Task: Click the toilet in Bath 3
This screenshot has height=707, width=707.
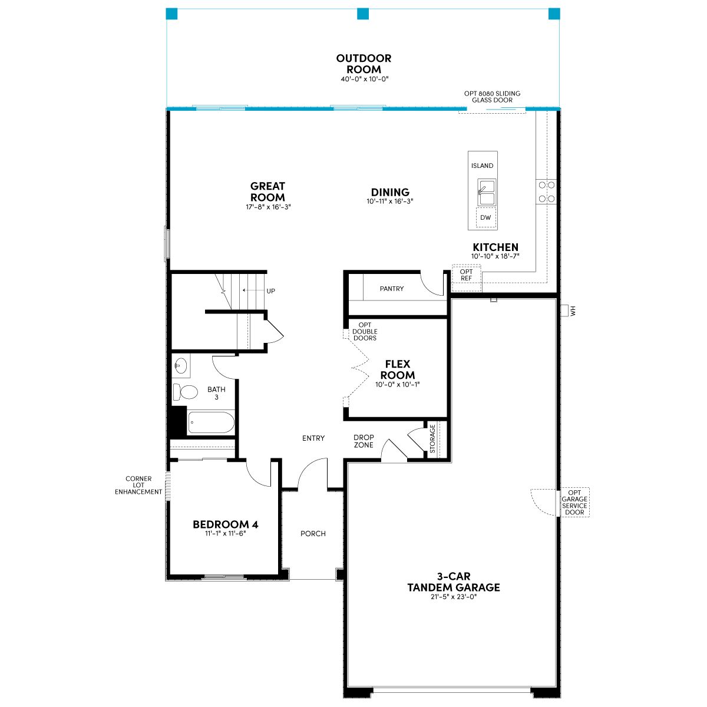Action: (186, 392)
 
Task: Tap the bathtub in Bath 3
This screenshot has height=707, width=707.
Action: (211, 422)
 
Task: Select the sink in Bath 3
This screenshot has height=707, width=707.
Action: (180, 365)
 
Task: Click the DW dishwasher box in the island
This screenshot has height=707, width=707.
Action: (485, 217)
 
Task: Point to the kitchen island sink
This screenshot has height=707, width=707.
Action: (487, 193)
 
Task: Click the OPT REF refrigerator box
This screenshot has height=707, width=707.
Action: (466, 277)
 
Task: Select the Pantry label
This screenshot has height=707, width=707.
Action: (391, 289)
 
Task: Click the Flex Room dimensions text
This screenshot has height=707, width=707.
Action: (397, 385)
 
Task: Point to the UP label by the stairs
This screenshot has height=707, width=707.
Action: (271, 291)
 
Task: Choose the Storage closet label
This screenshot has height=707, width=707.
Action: (432, 438)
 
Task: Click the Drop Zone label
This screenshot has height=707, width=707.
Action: (364, 441)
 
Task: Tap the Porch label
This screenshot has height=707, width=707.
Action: (313, 533)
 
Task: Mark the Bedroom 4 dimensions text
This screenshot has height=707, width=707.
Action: (225, 533)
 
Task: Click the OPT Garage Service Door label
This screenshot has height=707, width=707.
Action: (574, 503)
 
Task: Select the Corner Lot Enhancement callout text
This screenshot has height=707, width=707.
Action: (138, 485)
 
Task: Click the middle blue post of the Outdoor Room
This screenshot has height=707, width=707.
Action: (363, 14)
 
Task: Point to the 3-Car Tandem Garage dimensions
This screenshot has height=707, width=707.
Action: (454, 597)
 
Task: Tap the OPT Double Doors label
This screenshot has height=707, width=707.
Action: (365, 331)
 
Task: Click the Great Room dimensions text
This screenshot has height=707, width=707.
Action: (268, 207)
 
